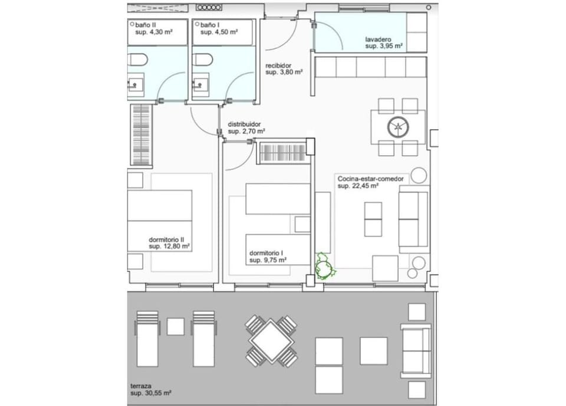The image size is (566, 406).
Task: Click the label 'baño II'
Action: tap(146, 25)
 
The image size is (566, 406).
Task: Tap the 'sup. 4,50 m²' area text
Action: tap(219, 32)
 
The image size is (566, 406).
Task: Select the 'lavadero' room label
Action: tap(378, 40)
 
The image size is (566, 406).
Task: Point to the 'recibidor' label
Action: tap(278, 66)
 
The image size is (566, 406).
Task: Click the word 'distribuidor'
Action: tap(244, 125)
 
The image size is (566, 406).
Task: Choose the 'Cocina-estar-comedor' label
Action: tap(371, 179)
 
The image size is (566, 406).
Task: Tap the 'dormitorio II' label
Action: tap(166, 240)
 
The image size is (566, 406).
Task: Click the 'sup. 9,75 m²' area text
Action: tap(268, 260)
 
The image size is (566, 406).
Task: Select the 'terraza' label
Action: tap(141, 386)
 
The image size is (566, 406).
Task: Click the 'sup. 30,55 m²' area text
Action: tap(150, 393)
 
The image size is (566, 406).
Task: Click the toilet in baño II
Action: tap(137, 60)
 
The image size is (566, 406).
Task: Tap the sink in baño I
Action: tap(200, 85)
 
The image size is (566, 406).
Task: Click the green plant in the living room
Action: tap(325, 267)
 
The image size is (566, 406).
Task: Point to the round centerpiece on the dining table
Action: tap(398, 127)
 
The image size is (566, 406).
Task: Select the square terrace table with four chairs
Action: tap(271, 340)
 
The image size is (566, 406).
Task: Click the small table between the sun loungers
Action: tap(176, 326)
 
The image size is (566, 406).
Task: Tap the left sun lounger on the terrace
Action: tap(147, 339)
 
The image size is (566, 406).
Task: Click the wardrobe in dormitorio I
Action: tap(283, 152)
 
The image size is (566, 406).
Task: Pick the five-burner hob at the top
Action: tap(209, 7)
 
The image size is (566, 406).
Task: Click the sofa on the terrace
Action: tap(416, 351)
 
